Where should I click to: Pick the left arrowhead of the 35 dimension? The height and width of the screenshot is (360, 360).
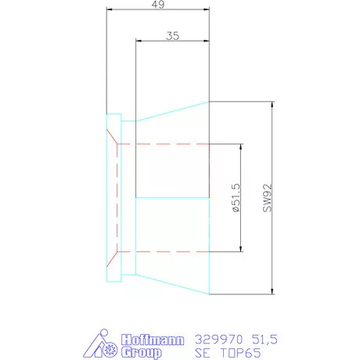click(x=139, y=41)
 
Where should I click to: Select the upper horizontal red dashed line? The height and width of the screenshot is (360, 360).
click(x=164, y=144)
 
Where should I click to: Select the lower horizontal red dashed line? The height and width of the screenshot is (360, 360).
click(x=164, y=251)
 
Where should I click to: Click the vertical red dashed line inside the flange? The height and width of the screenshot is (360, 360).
click(x=117, y=198)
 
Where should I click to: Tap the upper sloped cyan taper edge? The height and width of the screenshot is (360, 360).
click(x=172, y=110)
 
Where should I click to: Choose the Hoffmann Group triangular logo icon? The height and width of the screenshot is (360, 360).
click(x=104, y=344)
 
